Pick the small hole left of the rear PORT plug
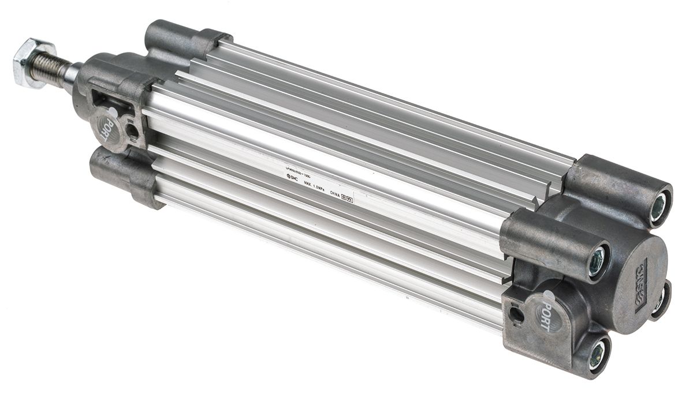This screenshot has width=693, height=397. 516,314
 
